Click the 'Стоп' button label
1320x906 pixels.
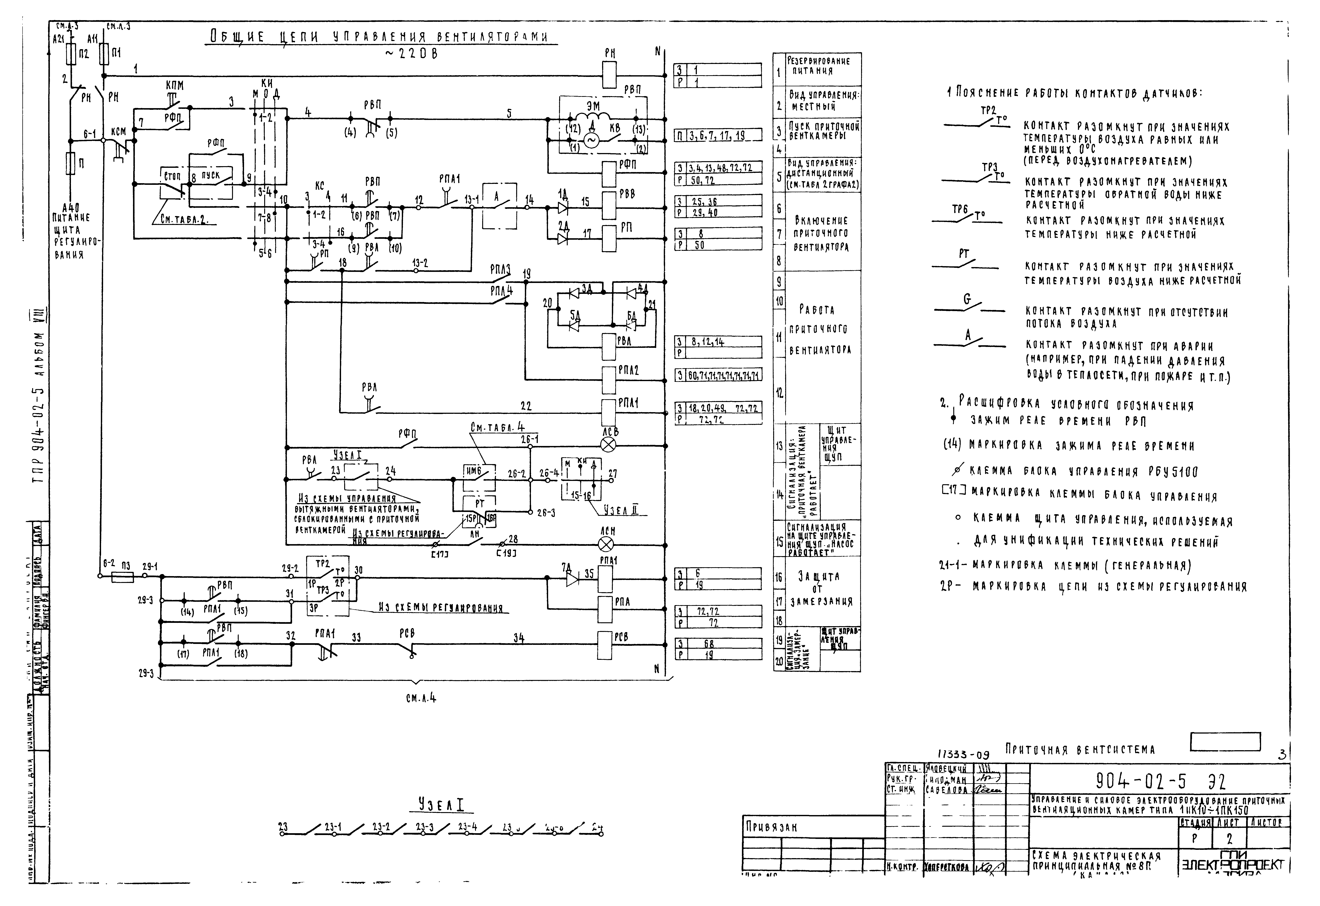click(x=171, y=176)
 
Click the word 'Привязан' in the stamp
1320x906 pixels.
click(x=771, y=828)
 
